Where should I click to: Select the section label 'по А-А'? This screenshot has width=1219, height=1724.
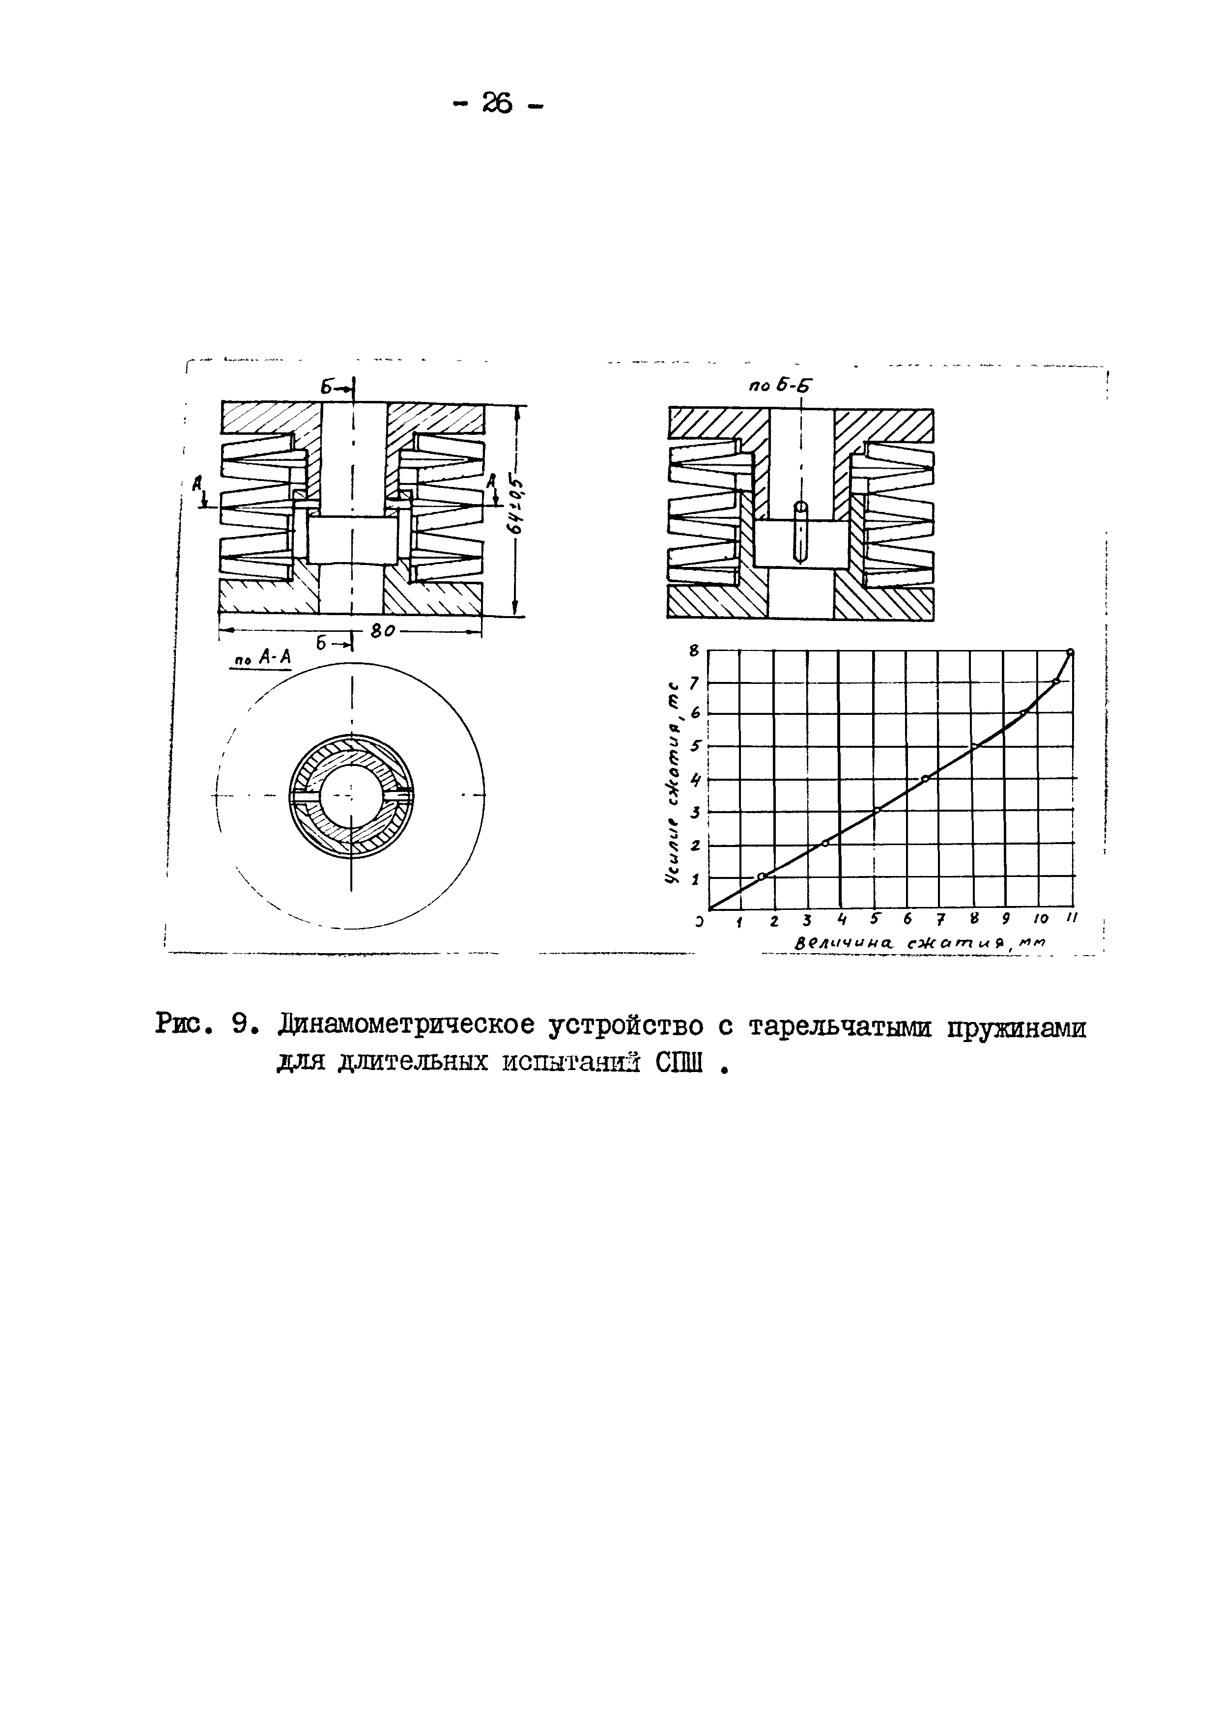pyautogui.click(x=263, y=658)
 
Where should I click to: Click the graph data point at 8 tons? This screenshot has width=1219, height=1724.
pyautogui.click(x=1070, y=651)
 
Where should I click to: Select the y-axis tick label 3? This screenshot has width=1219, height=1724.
pyautogui.click(x=695, y=812)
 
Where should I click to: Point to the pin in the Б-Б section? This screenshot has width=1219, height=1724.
pyautogui.click(x=801, y=533)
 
